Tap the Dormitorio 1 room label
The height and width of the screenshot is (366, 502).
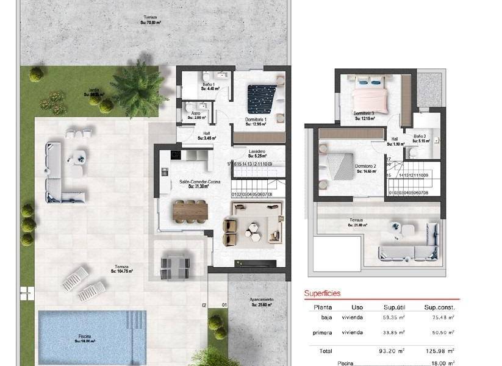click(257, 119)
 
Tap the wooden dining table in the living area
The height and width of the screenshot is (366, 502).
click(191, 209)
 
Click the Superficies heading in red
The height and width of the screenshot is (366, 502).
click(322, 293)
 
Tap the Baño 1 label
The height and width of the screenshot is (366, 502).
click(207, 85)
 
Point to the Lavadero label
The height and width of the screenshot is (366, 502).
click(256, 150)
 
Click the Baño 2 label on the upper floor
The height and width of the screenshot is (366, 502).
click(418, 136)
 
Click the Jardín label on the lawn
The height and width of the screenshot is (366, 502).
click(93, 91)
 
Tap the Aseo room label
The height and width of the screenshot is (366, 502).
click(196, 113)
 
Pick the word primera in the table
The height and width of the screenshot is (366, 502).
click(322, 332)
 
